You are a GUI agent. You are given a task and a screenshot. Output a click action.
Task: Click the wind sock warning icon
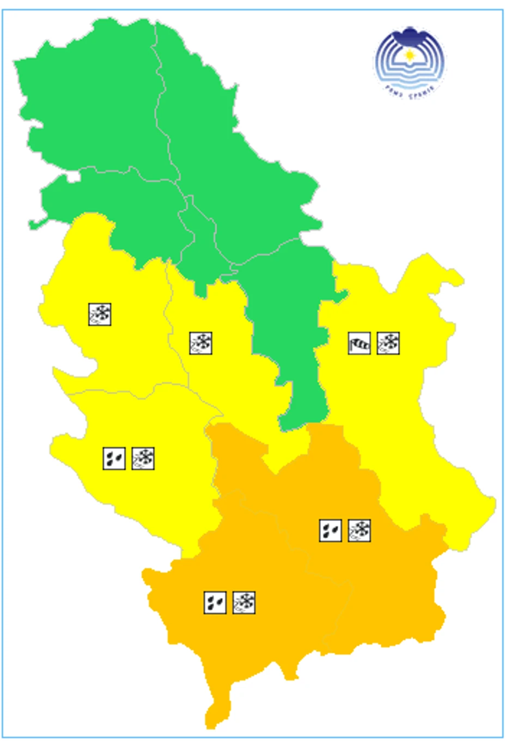359,344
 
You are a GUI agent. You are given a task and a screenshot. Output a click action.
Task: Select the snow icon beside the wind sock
388,344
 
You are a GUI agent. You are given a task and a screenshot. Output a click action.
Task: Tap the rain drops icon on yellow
114,458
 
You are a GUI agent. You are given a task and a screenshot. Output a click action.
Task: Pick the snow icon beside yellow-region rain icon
143,458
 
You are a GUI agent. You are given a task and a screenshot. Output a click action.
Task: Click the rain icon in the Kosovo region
215,603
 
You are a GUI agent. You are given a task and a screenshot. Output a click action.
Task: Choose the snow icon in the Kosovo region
244,603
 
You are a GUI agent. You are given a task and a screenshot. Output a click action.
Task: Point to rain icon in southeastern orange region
330,530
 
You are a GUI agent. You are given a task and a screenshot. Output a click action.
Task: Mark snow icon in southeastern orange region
359,530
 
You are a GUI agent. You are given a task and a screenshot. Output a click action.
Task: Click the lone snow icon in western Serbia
100,315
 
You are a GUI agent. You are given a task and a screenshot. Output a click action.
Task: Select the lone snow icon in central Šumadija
200,344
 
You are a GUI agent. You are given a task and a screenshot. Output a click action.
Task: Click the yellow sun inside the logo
410,56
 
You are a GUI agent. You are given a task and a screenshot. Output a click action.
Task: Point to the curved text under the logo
410,89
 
